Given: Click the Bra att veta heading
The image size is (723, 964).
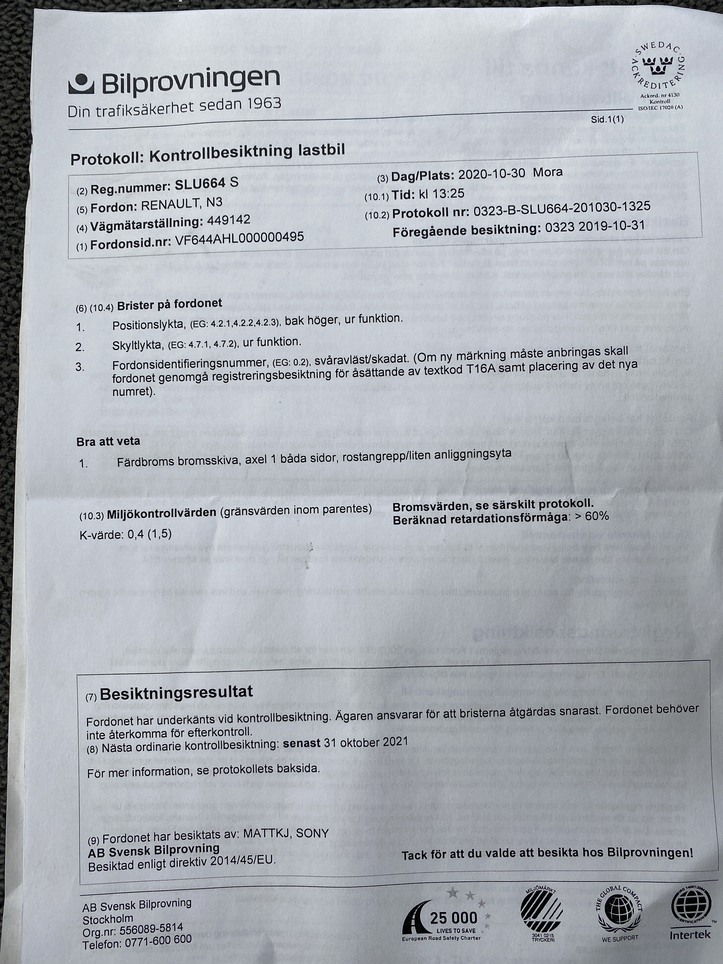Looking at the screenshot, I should click(x=108, y=441).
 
